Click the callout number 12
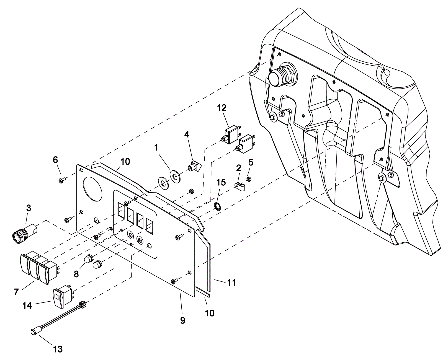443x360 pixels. (x=222, y=108)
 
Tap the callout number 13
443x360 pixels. (x=58, y=349)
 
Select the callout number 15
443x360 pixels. (x=221, y=183)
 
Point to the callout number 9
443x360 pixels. (x=183, y=321)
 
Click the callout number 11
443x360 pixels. (x=232, y=283)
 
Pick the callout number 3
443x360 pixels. (x=29, y=208)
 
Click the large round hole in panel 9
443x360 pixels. (x=92, y=189)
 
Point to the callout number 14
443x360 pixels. (x=27, y=305)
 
